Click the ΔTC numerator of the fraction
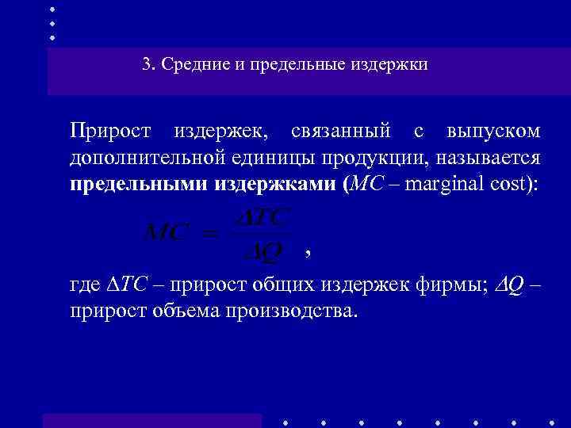tap(264, 216)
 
